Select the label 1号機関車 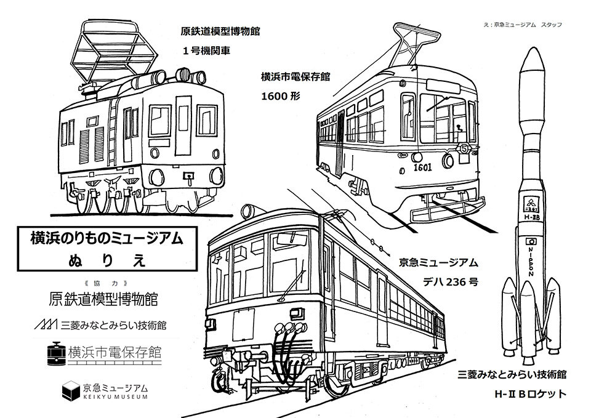tap(206, 51)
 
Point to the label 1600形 tap(280, 97)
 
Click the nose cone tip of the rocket tap(533, 48)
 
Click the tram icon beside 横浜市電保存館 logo tap(57, 352)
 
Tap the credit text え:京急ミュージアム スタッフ tap(528, 24)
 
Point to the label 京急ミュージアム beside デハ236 tap(438, 263)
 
